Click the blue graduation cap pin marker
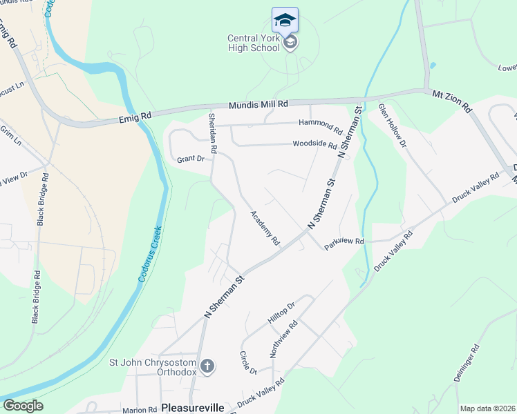pyautogui.click(x=285, y=20)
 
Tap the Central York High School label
pyautogui.click(x=254, y=43)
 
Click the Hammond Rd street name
pyautogui.click(x=321, y=126)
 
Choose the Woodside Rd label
pyautogui.click(x=314, y=146)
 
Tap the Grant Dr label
pyautogui.click(x=191, y=159)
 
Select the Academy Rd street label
pyautogui.click(x=265, y=228)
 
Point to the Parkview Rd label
pyautogui.click(x=345, y=241)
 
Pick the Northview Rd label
pyautogui.click(x=283, y=339)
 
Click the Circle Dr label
pyautogui.click(x=248, y=362)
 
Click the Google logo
pyautogui.click(x=23, y=406)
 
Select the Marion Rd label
pyautogui.click(x=139, y=409)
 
